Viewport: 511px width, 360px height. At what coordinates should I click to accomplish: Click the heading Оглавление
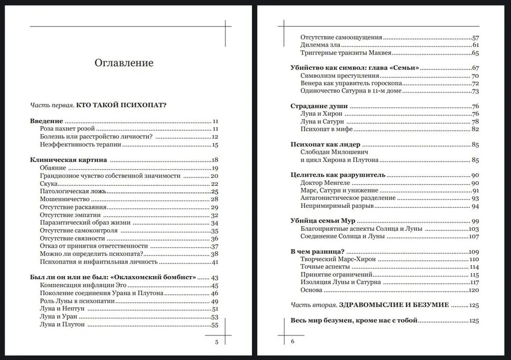tap(124, 63)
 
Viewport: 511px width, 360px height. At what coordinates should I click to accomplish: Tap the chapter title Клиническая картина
tap(68, 160)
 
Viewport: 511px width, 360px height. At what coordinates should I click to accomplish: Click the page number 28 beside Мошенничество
tap(215, 199)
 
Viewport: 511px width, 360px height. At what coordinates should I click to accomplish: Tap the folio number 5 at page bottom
tap(217, 342)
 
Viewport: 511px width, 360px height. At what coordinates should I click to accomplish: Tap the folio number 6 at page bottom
tap(293, 342)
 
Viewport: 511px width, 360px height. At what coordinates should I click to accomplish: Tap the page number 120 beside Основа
tap(473, 290)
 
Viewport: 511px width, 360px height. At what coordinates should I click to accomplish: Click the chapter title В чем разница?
tap(316, 252)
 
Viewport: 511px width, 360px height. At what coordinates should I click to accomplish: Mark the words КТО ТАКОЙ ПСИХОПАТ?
tap(123, 106)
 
